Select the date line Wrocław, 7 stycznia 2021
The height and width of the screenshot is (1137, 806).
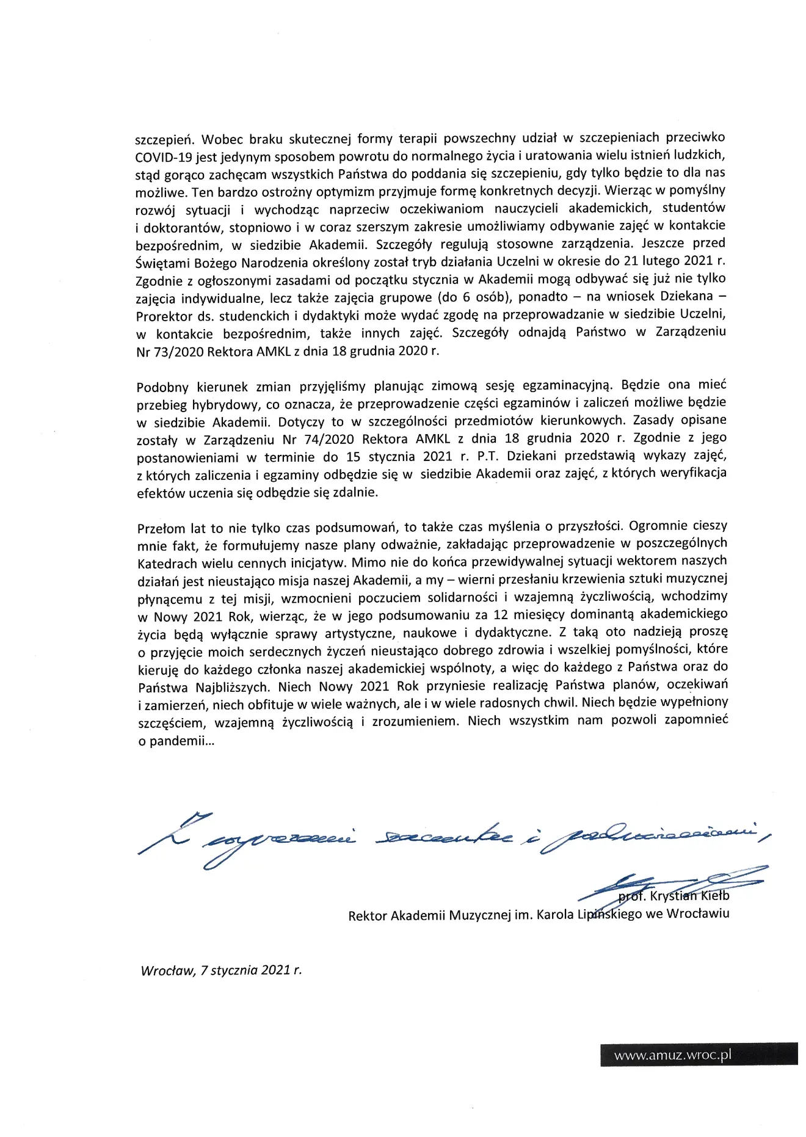point(221,970)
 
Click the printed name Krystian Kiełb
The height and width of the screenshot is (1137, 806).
point(689,896)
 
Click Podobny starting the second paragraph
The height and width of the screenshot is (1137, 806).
point(162,387)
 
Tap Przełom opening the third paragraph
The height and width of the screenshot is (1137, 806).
point(160,528)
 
